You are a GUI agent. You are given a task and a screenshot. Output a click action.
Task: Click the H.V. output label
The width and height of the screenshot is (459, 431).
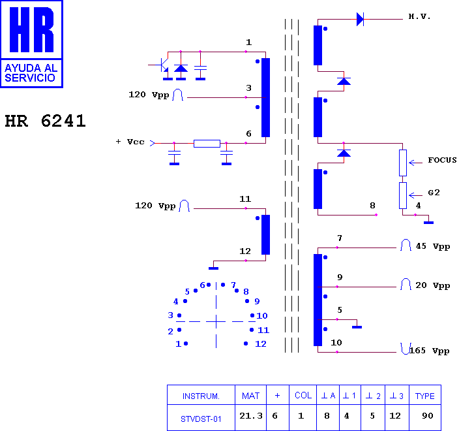coord(419,16)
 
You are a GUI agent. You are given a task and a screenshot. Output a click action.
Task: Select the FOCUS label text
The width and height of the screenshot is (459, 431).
coord(442,160)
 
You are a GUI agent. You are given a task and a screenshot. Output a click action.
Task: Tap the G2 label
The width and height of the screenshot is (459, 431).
coord(434,193)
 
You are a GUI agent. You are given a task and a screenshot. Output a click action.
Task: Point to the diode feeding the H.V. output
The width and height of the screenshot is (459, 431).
coord(360,20)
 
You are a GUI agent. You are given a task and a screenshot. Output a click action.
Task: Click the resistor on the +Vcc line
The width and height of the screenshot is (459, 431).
coord(207,144)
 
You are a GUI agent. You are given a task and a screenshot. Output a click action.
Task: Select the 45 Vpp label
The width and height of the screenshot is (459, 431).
coord(433,246)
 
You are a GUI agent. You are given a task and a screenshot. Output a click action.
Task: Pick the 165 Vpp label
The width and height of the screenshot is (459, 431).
coord(429,351)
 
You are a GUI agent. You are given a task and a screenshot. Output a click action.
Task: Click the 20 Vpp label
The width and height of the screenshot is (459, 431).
coord(433,285)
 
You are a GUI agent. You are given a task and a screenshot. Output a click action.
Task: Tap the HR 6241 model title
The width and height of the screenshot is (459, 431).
coord(46,121)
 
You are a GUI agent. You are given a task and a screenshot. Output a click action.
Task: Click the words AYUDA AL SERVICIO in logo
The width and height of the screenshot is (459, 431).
coord(31,73)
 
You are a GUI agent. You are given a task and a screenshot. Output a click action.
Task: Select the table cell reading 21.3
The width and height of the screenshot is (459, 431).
coord(251,416)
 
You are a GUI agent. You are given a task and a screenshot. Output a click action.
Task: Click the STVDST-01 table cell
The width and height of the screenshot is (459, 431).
coord(201,419)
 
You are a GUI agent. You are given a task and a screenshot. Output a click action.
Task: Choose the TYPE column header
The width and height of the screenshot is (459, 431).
coord(424,396)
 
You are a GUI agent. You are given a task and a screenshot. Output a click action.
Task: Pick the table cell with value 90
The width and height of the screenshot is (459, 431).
coord(428,416)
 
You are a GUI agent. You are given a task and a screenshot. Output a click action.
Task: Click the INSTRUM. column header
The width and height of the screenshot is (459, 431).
coord(201,396)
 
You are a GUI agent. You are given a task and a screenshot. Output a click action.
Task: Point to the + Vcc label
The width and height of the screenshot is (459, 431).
coord(130,142)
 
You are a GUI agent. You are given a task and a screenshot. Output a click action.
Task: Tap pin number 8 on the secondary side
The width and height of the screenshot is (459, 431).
coord(372,206)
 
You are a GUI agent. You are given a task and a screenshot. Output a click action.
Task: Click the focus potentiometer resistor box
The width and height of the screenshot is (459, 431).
coord(403,163)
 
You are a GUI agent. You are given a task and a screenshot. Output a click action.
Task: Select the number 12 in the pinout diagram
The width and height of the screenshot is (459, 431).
coord(261,344)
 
